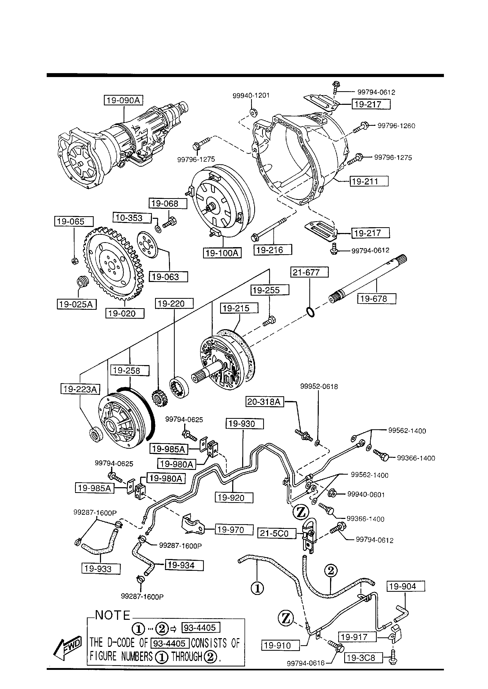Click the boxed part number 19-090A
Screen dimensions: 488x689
(124, 100)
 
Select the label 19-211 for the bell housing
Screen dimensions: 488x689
(369, 181)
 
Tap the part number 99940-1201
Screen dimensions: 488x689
(251, 95)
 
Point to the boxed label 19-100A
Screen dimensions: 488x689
(222, 253)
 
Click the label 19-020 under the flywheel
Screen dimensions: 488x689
(125, 313)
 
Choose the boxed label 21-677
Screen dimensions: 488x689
(310, 272)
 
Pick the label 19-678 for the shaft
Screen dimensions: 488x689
(376, 299)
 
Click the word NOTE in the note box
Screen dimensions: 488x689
(113, 615)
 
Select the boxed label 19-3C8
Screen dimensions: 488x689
(364, 658)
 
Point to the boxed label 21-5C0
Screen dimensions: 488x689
(277, 533)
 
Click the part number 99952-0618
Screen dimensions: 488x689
(319, 387)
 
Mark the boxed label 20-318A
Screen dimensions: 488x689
(265, 402)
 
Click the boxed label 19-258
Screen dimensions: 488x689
(130, 371)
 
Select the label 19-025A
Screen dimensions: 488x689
(77, 304)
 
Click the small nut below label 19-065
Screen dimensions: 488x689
(75, 261)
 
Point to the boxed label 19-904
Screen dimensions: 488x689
(406, 586)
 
